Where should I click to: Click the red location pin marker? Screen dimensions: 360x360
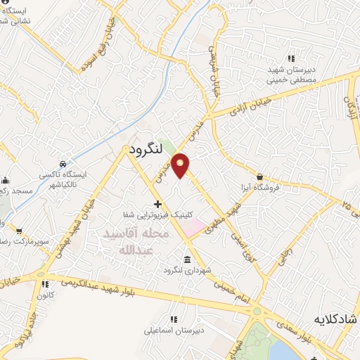tap(181, 165)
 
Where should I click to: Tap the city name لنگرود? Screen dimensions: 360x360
tap(146, 149)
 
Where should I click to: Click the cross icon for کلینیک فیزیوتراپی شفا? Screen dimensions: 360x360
tap(157, 203)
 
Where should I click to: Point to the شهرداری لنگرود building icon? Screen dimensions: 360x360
tap(187, 257)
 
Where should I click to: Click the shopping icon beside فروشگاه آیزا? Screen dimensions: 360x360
tap(260, 177)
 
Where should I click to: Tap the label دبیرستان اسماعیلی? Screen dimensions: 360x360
tap(174, 330)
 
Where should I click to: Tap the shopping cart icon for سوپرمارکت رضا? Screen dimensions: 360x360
tap(20, 230)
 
